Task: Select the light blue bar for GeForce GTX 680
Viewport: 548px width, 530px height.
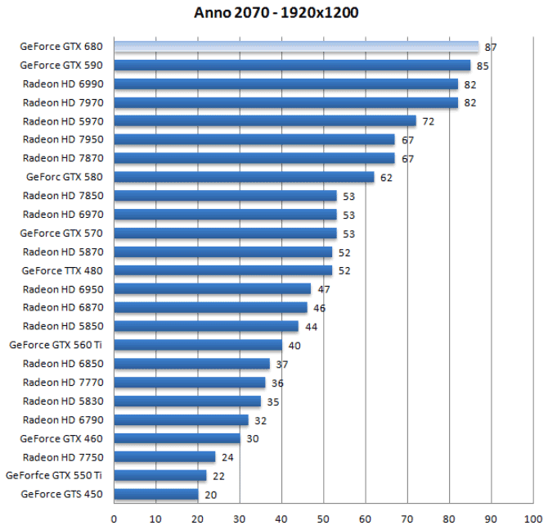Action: pos(296,47)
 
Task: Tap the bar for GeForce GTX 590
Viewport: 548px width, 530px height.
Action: pos(292,66)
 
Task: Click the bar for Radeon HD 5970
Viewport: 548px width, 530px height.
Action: pos(265,121)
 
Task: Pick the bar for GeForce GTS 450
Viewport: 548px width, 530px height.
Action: pos(156,494)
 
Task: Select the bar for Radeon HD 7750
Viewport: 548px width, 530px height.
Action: pos(164,457)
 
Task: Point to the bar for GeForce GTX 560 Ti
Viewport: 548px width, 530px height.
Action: pos(198,345)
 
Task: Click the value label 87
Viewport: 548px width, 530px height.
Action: pos(491,48)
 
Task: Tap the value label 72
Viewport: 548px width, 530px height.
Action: pos(428,121)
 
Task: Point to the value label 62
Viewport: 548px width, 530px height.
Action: pos(386,177)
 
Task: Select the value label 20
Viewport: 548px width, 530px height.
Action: pos(210,495)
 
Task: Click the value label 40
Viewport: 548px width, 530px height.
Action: pos(294,346)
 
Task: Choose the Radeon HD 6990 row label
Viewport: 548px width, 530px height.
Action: pos(63,84)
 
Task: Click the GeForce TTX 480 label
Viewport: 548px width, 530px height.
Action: pos(62,270)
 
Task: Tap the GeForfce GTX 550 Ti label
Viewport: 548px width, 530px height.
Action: pos(54,475)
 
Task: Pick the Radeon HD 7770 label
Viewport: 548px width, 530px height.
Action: pos(63,383)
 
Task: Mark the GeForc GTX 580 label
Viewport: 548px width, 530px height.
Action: pos(65,177)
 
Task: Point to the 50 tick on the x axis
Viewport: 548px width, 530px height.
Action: pos(324,518)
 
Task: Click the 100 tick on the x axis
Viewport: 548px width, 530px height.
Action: pos(533,518)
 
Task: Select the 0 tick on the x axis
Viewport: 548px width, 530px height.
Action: pos(114,518)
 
